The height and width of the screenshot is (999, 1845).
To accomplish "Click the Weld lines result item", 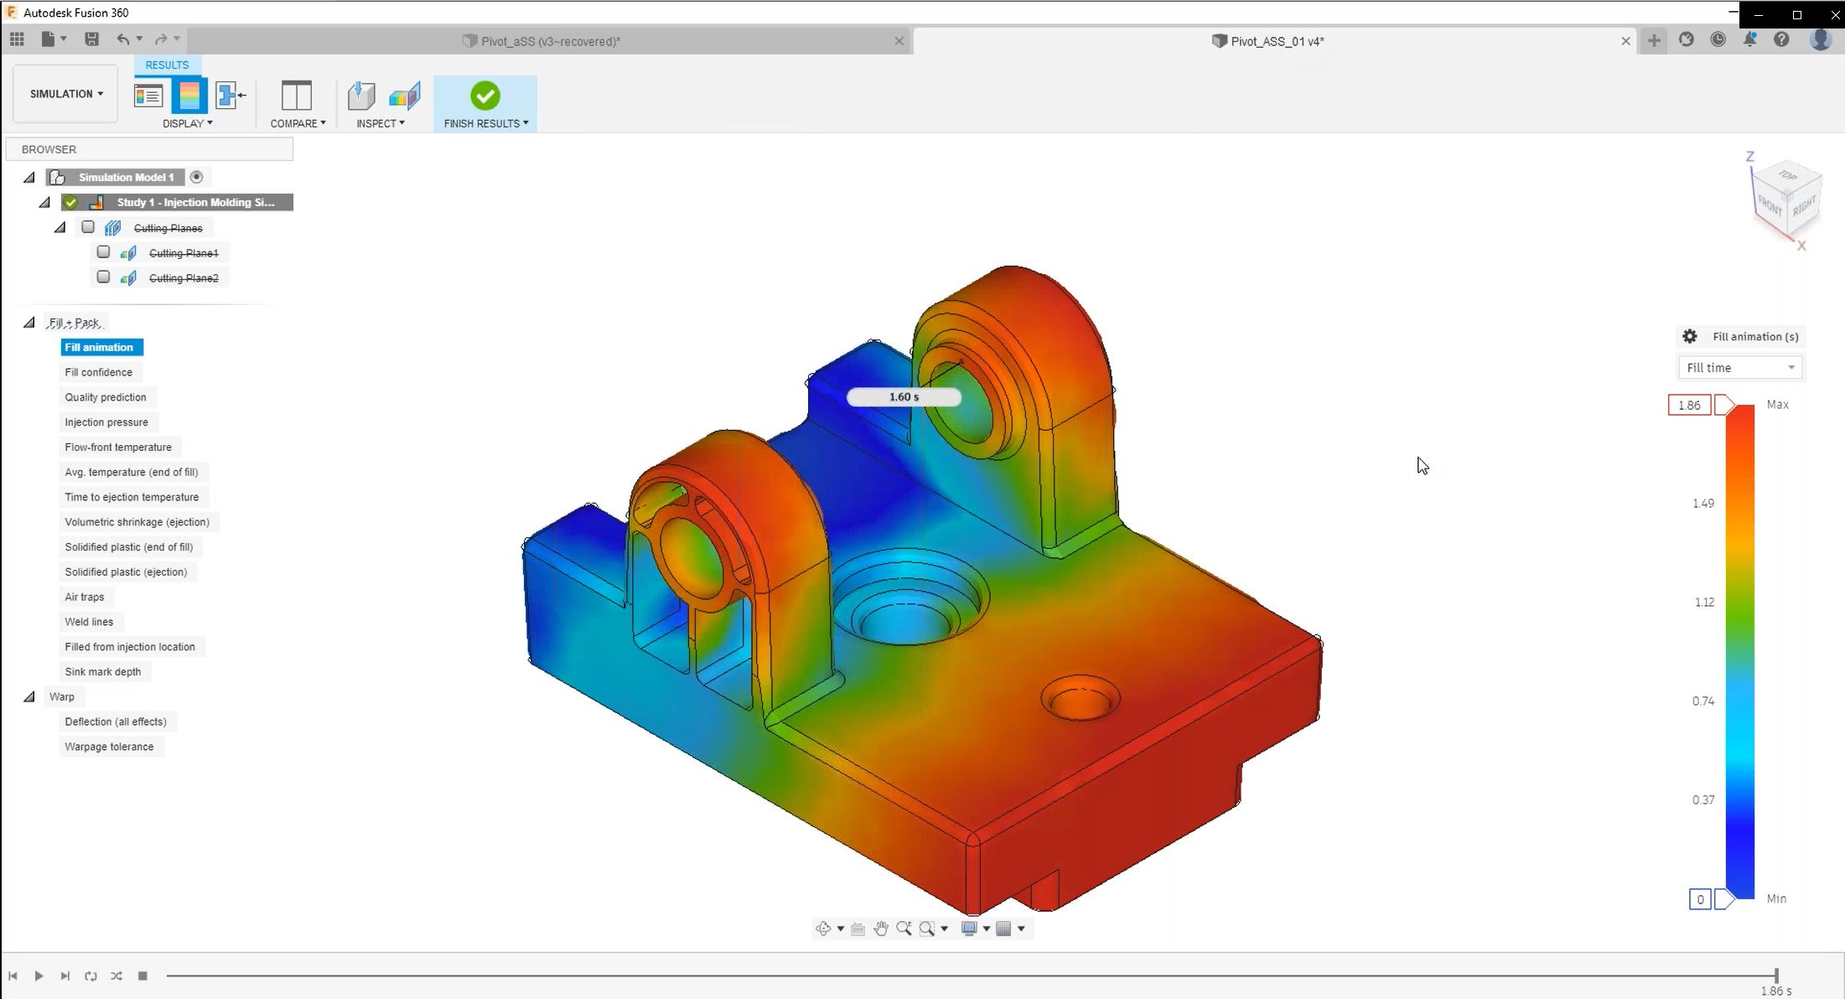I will pyautogui.click(x=89, y=622).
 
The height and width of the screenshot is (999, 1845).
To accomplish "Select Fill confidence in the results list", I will pyautogui.click(x=98, y=372).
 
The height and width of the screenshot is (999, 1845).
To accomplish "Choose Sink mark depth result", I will pyautogui.click(x=102, y=671).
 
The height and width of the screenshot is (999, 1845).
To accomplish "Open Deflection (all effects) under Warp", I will pyautogui.click(x=115, y=722).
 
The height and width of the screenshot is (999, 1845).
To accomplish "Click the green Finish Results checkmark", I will pyautogui.click(x=485, y=96).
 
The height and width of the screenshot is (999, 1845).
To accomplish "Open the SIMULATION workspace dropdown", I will pyautogui.click(x=65, y=94).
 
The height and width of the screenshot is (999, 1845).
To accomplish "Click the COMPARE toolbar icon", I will pyautogui.click(x=296, y=96).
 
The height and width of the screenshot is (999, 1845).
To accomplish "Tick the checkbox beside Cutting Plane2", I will pyautogui.click(x=103, y=277).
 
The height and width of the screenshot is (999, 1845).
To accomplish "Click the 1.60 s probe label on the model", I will pyautogui.click(x=904, y=397).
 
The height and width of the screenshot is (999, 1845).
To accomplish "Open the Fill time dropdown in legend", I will pyautogui.click(x=1739, y=368).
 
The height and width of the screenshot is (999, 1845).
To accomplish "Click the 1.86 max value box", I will pyautogui.click(x=1688, y=406).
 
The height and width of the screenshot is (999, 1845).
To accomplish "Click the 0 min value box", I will pyautogui.click(x=1699, y=899).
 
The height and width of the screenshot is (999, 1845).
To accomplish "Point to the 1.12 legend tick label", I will pyautogui.click(x=1703, y=603).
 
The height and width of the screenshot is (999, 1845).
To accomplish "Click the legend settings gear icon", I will pyautogui.click(x=1689, y=337).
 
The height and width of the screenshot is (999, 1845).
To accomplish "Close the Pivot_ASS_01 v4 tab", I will pyautogui.click(x=1625, y=41).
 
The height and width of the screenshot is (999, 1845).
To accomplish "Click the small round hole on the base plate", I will pyautogui.click(x=1080, y=698).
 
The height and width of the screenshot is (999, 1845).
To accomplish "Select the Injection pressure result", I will pyautogui.click(x=106, y=422).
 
